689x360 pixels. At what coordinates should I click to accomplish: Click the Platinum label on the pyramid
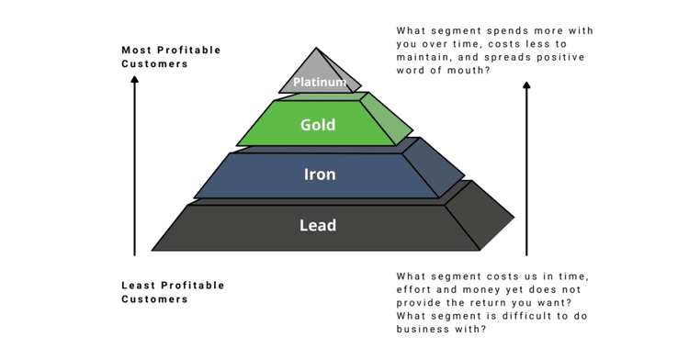click(320, 83)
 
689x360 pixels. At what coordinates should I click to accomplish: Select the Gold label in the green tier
click(318, 125)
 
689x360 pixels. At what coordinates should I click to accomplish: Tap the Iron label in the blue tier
click(320, 174)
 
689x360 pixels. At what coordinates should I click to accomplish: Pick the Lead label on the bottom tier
click(318, 225)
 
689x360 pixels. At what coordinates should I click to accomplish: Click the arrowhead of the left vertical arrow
click(134, 81)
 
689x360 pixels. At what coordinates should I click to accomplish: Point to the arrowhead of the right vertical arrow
click(526, 86)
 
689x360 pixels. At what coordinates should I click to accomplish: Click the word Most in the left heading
click(138, 50)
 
